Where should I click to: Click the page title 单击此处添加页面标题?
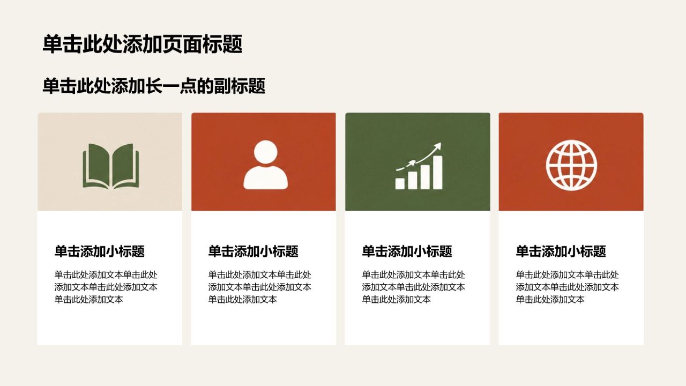(143, 44)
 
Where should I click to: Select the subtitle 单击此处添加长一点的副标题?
(154, 86)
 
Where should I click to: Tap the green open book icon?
(111, 166)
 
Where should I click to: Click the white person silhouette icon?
(265, 165)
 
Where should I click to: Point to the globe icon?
(571, 165)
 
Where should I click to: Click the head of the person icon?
(265, 152)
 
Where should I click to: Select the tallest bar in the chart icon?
(438, 172)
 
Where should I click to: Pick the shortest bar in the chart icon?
(400, 183)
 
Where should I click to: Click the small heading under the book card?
(100, 251)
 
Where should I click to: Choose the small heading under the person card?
(253, 251)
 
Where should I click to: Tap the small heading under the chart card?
(407, 251)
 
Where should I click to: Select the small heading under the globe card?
(561, 251)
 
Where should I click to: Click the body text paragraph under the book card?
(106, 287)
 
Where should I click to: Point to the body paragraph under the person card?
(260, 287)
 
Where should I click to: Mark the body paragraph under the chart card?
(413, 287)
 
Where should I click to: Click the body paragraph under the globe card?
(567, 287)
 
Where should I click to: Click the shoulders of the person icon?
(265, 177)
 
